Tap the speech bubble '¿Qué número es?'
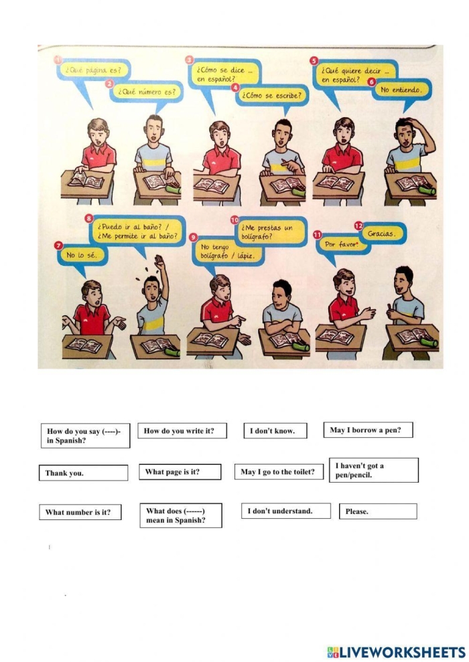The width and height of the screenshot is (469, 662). tap(147, 92)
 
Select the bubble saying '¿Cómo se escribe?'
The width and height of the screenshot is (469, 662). tap(273, 96)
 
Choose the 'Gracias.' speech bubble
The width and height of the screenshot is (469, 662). tap(381, 234)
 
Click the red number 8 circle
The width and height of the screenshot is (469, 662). tap(89, 218)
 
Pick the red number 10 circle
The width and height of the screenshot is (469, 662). tap(234, 220)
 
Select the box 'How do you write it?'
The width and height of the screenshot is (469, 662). tap(182, 431)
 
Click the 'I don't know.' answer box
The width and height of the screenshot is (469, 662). tap(275, 431)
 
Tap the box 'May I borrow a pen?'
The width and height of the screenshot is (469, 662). tap(368, 430)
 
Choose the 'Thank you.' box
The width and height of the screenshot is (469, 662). tap(83, 473)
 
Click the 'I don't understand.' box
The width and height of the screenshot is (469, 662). tap(285, 511)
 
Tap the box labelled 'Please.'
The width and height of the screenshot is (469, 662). tap(378, 512)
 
